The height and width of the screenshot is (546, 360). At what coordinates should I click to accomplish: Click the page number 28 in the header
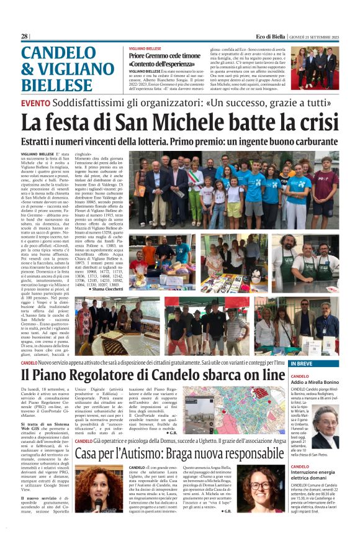pos(25,37)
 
